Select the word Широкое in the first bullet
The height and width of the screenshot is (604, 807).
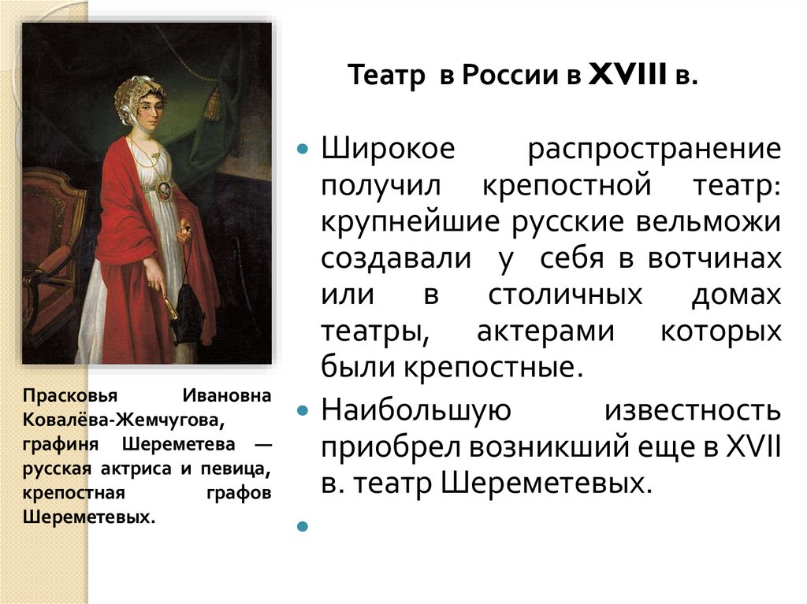click(x=388, y=149)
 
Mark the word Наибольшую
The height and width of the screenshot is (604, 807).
click(x=406, y=410)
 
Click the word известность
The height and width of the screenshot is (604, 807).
click(x=693, y=410)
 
